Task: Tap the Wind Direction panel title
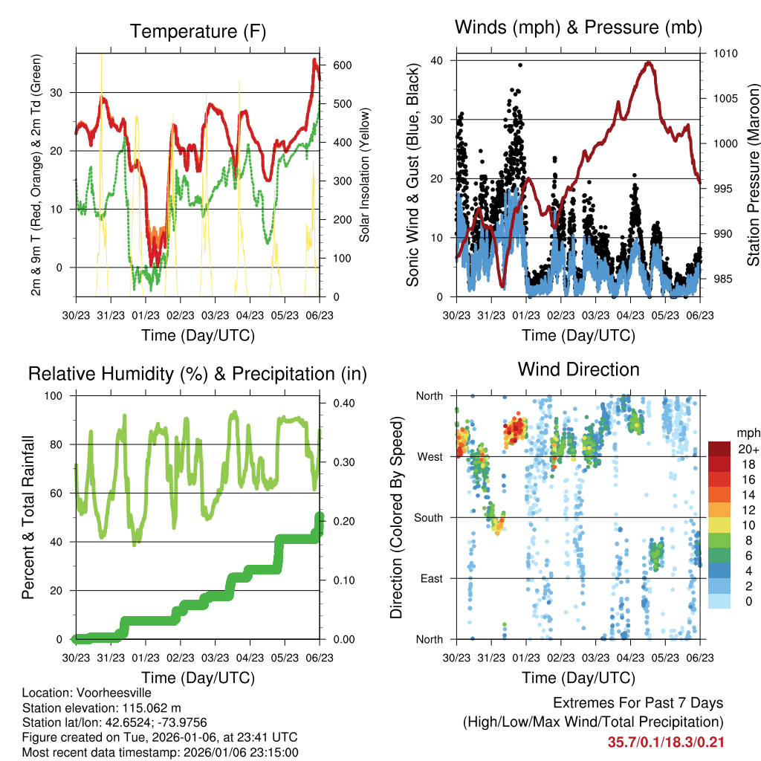click(x=578, y=369)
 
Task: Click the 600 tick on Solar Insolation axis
click(x=343, y=65)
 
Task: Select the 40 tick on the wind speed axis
click(x=437, y=60)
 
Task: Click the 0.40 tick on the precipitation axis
click(x=343, y=403)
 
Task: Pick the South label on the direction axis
click(x=429, y=517)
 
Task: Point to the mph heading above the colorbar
click(x=748, y=433)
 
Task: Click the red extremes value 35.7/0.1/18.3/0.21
click(x=666, y=742)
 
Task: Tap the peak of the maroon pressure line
click(x=649, y=62)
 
